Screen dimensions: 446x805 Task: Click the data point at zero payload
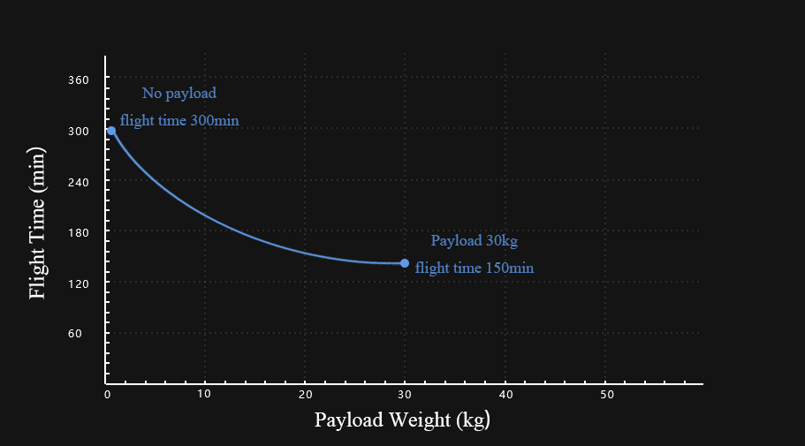pyautogui.click(x=111, y=131)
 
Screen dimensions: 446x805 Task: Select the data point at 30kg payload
pyautogui.click(x=405, y=263)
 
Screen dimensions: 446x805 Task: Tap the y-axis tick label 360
pyautogui.click(x=79, y=80)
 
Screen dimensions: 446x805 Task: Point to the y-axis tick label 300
pyautogui.click(x=79, y=131)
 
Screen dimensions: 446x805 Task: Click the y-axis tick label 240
pyautogui.click(x=79, y=182)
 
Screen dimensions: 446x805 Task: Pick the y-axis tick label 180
pyautogui.click(x=79, y=232)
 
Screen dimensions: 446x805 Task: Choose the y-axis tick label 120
pyautogui.click(x=79, y=283)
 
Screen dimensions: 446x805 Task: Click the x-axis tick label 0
pyautogui.click(x=107, y=394)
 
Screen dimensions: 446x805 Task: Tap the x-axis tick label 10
pyautogui.click(x=205, y=394)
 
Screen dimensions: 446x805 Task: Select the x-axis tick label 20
pyautogui.click(x=305, y=394)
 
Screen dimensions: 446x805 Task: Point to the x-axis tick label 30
pyautogui.click(x=405, y=394)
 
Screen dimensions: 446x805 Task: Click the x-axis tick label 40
pyautogui.click(x=505, y=394)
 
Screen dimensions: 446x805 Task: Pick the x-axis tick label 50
pyautogui.click(x=606, y=394)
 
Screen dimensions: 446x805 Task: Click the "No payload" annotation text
pyautogui.click(x=178, y=93)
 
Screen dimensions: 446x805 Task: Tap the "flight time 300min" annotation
pyautogui.click(x=179, y=121)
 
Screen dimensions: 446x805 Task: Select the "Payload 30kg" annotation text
pyautogui.click(x=474, y=240)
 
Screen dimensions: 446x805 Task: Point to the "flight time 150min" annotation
pyautogui.click(x=475, y=268)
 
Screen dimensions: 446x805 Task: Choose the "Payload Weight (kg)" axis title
pyautogui.click(x=402, y=420)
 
